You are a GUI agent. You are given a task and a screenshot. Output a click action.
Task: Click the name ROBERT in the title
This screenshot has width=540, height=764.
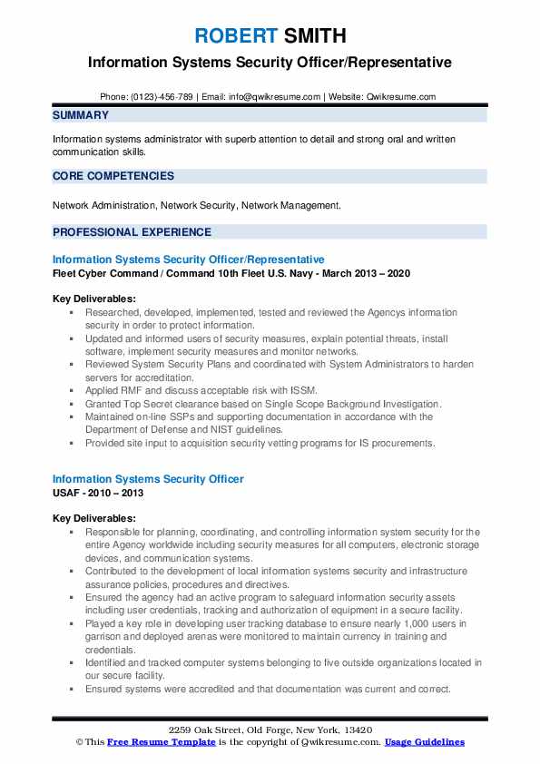[x=232, y=37]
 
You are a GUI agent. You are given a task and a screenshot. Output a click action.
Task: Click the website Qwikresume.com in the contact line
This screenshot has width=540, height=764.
[x=402, y=96]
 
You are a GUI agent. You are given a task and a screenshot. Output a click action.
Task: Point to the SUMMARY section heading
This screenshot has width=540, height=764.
[x=81, y=115]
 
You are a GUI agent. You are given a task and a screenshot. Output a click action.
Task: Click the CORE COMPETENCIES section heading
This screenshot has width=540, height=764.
[x=113, y=176]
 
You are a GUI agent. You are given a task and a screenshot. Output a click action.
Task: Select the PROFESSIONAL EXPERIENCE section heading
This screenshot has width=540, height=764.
[x=132, y=231]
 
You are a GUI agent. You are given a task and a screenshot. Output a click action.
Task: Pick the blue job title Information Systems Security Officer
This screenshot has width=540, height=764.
[x=148, y=478]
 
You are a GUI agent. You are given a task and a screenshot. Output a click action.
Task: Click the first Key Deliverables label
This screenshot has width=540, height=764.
[x=94, y=299]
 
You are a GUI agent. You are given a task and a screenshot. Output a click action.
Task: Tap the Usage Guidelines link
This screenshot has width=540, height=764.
[x=424, y=741]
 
